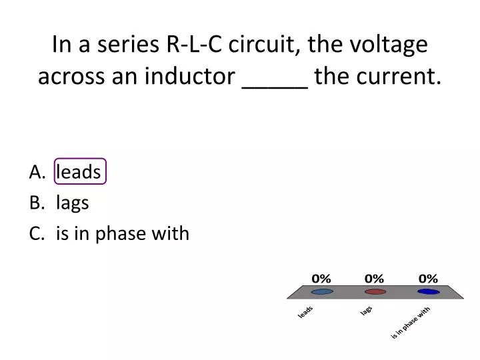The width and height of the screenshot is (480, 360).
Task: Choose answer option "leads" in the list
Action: pyautogui.click(x=79, y=172)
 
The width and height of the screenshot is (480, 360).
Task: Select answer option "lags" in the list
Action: pyautogui.click(x=73, y=203)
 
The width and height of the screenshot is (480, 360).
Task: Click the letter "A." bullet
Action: pyautogui.click(x=37, y=172)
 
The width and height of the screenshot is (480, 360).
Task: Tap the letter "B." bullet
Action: pyautogui.click(x=37, y=203)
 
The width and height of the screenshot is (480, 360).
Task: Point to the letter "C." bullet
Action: pyautogui.click(x=37, y=233)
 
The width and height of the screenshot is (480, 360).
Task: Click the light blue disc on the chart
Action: pyautogui.click(x=322, y=291)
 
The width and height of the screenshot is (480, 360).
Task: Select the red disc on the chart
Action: pyautogui.click(x=375, y=291)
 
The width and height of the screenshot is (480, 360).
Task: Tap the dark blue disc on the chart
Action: pyautogui.click(x=428, y=291)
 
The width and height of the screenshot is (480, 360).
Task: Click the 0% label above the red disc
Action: pyautogui.click(x=375, y=278)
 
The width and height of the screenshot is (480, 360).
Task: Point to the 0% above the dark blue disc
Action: pyautogui.click(x=428, y=278)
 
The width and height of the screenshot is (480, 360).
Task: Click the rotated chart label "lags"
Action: pyautogui.click(x=366, y=311)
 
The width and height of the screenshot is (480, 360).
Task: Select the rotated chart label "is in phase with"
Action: pyautogui.click(x=411, y=323)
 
